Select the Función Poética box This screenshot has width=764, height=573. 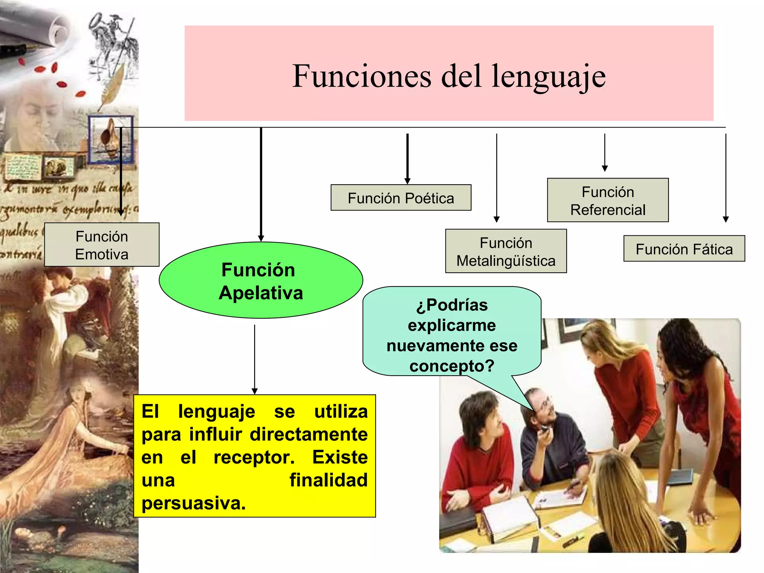point(401,198)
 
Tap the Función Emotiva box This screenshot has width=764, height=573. point(101,245)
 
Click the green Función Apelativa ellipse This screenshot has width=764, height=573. point(261,281)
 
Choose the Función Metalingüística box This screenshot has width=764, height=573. point(505,251)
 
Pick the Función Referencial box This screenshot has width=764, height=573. point(607,200)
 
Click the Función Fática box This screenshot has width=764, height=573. point(684,248)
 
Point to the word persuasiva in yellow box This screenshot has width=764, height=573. point(193,503)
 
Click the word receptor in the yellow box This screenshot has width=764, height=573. point(254,457)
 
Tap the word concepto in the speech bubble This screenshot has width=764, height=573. point(451,366)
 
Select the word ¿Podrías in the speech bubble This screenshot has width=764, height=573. point(451,305)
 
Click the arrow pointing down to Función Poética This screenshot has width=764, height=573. point(407,159)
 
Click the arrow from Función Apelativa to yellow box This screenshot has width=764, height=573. point(255,358)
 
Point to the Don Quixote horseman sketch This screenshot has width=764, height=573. point(112,41)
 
